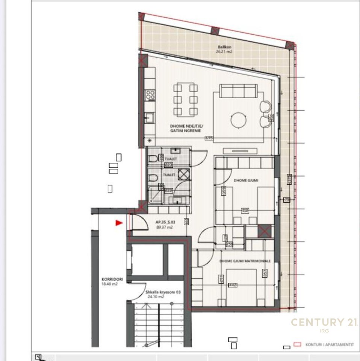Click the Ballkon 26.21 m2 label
(224, 49)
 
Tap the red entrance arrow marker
(119, 223)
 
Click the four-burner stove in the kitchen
(151, 94)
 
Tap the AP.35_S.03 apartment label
(164, 224)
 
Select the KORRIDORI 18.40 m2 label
(110, 282)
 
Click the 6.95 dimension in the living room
(209, 138)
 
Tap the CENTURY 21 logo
(324, 323)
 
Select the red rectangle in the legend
(297, 344)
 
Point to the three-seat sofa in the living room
(239, 91)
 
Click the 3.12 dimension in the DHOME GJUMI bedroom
(245, 211)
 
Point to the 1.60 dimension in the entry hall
(186, 222)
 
